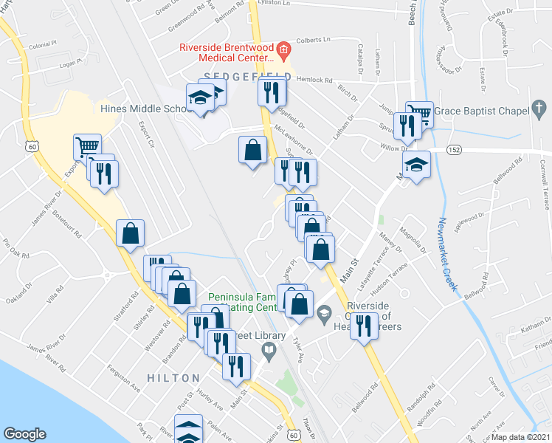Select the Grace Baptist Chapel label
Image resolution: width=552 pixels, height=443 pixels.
481,111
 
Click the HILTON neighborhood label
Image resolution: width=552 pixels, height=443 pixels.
173,378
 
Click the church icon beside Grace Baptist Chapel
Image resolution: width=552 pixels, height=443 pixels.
539,111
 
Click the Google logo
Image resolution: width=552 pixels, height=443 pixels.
25,434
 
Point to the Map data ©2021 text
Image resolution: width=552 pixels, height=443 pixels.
520,437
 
